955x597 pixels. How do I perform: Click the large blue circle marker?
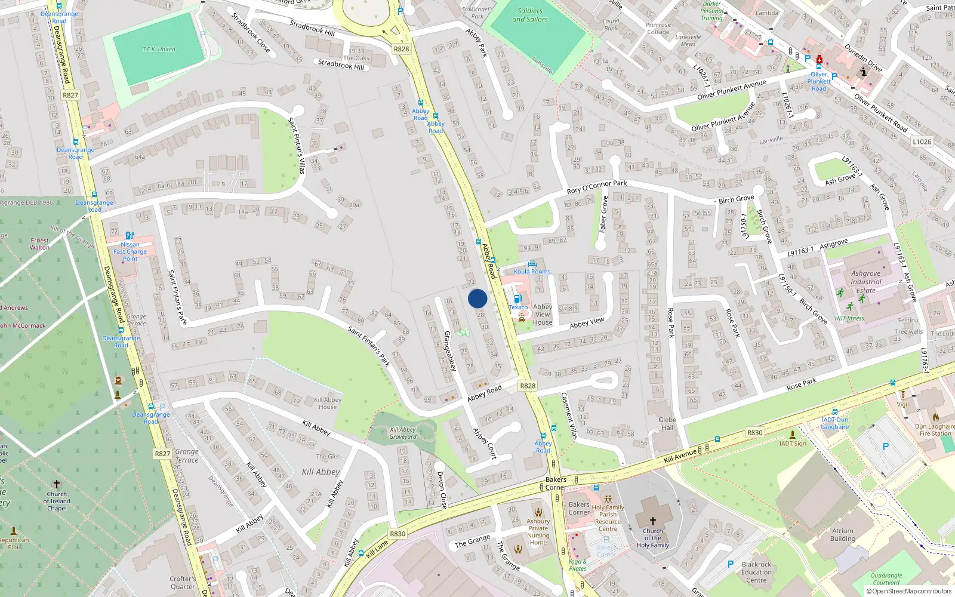[x=478, y=298]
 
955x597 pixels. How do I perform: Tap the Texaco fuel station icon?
[x=517, y=298]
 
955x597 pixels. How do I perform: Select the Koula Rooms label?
[x=532, y=272]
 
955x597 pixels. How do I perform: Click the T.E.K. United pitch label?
[x=159, y=49]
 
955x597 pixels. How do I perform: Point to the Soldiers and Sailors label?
[x=530, y=15]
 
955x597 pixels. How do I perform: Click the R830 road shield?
[x=398, y=534]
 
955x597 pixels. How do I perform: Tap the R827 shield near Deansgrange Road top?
[x=70, y=95]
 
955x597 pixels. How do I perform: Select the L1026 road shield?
[x=922, y=141]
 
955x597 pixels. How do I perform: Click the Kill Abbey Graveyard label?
[x=403, y=433]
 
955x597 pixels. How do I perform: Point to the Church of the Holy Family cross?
[x=652, y=521]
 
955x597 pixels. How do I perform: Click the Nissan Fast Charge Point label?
[x=130, y=251]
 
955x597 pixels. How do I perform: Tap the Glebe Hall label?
[x=667, y=423]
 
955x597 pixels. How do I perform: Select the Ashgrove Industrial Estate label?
[x=866, y=282]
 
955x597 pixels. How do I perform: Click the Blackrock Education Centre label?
[x=756, y=572]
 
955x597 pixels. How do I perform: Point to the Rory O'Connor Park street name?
[x=597, y=187]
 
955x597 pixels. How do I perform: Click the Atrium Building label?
[x=843, y=534]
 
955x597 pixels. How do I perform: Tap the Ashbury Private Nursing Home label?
[x=538, y=531]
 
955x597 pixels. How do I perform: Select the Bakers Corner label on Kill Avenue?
[x=556, y=483]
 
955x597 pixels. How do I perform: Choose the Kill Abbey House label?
[x=328, y=403]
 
